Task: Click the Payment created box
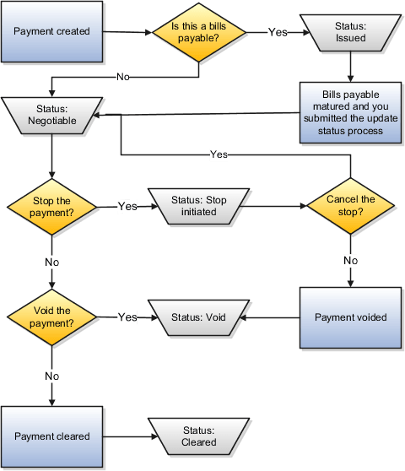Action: click(52, 32)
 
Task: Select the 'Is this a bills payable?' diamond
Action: click(199, 32)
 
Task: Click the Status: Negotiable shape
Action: click(52, 115)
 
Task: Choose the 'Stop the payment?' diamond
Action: click(52, 205)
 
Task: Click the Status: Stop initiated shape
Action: click(199, 205)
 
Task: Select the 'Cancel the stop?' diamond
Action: click(349, 205)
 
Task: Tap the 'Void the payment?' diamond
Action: click(52, 317)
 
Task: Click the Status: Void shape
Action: click(199, 317)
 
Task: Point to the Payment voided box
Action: click(349, 317)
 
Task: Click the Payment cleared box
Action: click(52, 436)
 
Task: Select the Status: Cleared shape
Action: click(199, 436)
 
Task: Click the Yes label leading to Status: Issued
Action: click(277, 32)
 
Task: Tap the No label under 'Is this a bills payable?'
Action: click(123, 78)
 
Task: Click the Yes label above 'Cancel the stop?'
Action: click(218, 154)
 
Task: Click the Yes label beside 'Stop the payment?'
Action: click(127, 206)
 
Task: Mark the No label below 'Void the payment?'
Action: click(52, 373)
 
